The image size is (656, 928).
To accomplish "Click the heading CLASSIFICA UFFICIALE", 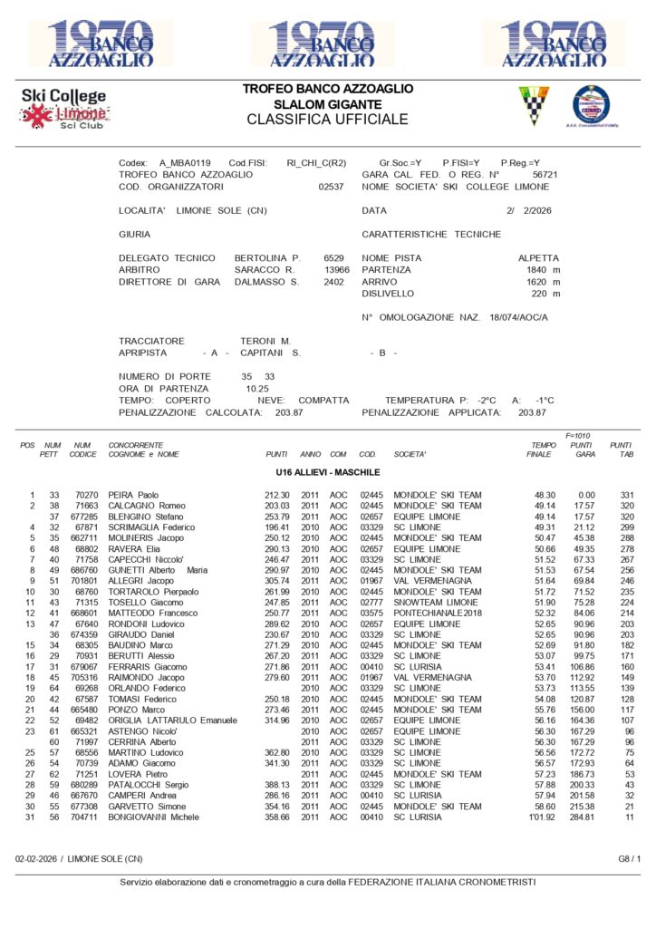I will pos(327,119).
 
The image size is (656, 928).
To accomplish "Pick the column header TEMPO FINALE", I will pos(543,449).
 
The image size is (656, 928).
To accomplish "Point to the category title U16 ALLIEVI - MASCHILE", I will pos(328,472).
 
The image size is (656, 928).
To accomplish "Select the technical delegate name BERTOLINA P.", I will pos(267,257).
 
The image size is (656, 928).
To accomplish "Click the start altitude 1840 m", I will pos(543,269).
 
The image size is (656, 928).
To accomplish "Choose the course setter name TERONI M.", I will pos(265,340).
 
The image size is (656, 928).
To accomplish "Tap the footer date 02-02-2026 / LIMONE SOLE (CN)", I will pos(79,857).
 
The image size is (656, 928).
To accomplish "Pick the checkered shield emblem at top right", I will pos(534,106).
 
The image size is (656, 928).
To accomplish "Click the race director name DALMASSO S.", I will pos(269,282).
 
